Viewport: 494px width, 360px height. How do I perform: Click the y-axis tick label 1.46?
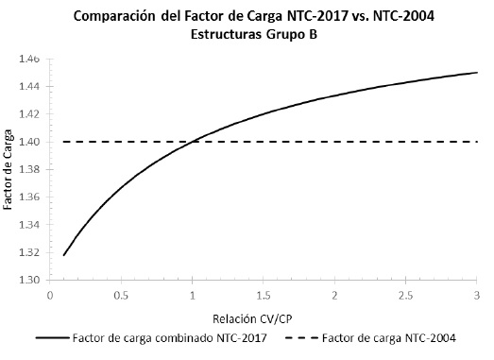tap(30, 59)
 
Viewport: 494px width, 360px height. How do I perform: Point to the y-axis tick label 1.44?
tap(30, 87)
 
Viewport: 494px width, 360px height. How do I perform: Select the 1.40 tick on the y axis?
tap(30, 142)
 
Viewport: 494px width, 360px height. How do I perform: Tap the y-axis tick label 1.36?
tap(30, 197)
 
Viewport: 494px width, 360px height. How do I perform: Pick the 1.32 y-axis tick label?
tap(30, 253)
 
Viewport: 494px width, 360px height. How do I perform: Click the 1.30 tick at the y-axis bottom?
tap(30, 281)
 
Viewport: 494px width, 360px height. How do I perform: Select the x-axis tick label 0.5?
tap(121, 295)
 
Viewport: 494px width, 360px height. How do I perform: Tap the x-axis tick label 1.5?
tap(264, 295)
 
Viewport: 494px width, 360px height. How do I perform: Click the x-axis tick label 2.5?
tap(406, 295)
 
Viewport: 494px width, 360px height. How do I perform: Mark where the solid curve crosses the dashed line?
tap(193, 142)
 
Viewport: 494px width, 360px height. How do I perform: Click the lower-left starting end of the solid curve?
tap(64, 255)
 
